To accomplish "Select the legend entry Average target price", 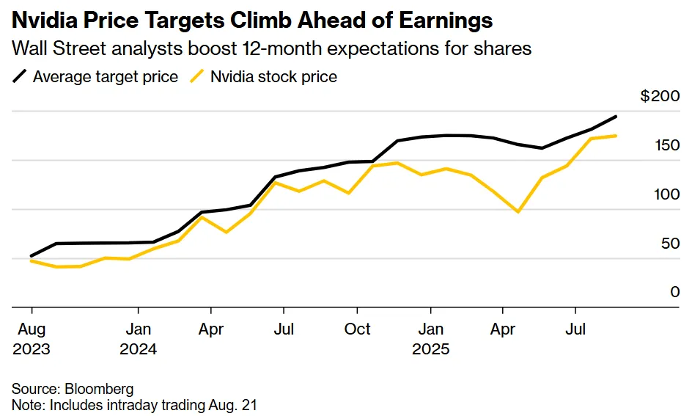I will click(x=105, y=76).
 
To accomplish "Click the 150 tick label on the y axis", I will click(x=667, y=146).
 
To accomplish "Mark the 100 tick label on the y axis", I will click(x=667, y=194).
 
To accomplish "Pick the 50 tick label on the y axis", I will click(x=670, y=244).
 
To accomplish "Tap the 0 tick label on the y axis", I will click(x=675, y=292).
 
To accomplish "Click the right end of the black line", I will click(x=616, y=117).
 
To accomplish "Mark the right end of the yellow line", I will click(x=616, y=136).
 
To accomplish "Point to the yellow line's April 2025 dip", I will click(x=519, y=212).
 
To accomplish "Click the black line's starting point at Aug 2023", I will click(x=31, y=256).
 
